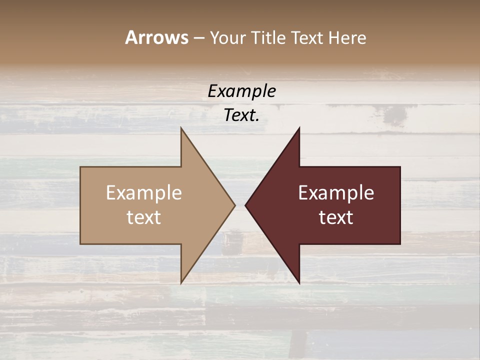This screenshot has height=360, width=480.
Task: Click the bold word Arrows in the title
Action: (x=156, y=37)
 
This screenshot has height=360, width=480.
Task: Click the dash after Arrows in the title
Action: (x=198, y=38)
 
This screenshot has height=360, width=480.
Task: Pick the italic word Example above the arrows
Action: (x=241, y=91)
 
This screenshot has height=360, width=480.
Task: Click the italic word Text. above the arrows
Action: (x=241, y=115)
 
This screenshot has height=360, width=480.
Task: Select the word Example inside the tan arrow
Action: (x=144, y=193)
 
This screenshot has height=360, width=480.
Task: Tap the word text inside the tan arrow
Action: (x=144, y=217)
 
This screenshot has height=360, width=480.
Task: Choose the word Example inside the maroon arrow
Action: (x=336, y=193)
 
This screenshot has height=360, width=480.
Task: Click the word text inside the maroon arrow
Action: (x=336, y=217)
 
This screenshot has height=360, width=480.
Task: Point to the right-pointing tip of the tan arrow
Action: (x=235, y=205)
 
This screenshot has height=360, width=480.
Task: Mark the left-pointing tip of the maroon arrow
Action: (x=245, y=205)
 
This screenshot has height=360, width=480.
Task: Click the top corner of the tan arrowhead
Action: (x=181, y=128)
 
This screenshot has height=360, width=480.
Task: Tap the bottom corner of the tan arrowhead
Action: (x=181, y=283)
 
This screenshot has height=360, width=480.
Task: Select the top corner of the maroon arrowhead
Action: (x=299, y=128)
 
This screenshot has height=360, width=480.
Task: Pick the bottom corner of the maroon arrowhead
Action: (x=299, y=283)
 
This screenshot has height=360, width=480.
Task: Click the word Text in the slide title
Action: (x=305, y=37)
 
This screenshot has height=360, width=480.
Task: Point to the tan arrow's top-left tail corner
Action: (x=81, y=167)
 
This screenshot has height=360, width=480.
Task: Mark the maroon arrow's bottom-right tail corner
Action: (x=400, y=243)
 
